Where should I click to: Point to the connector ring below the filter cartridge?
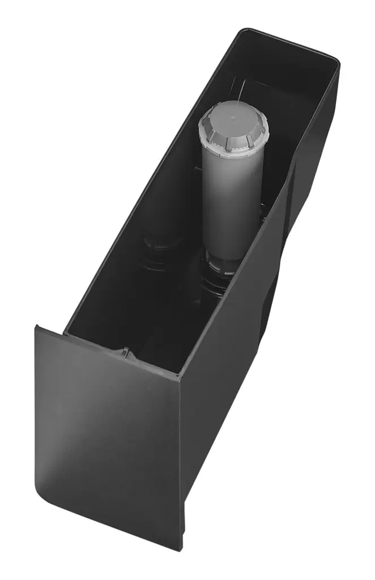coord(219,266)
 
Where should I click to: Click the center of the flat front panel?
coord(108,430)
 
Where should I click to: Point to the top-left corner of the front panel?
coord(37,327)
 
